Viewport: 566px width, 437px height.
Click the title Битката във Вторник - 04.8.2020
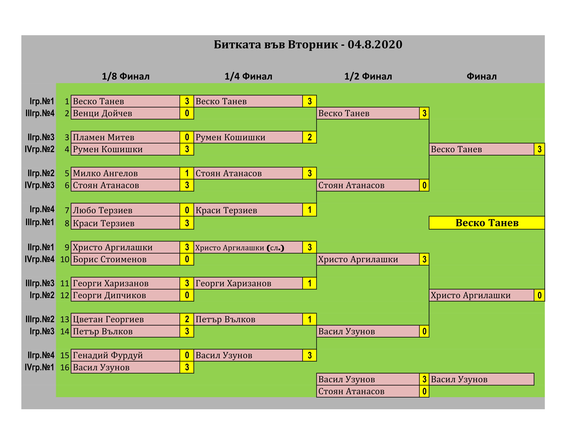pyautogui.click(x=308, y=44)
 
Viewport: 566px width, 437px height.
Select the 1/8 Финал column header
pyautogui.click(x=126, y=76)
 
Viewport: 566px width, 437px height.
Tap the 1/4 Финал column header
pyautogui.click(x=248, y=76)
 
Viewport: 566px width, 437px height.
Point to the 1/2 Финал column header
pyautogui.click(x=368, y=76)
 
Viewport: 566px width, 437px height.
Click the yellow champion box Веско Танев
pyautogui.click(x=487, y=223)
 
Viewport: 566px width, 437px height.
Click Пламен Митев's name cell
pyautogui.click(x=126, y=137)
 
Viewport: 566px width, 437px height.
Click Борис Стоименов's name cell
pyautogui.click(x=126, y=259)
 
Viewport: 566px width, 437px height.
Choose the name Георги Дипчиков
pyautogui.click(x=109, y=295)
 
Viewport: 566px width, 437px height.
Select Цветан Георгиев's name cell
pyautogui.click(x=126, y=319)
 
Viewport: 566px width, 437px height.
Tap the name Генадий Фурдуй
pyautogui.click(x=108, y=355)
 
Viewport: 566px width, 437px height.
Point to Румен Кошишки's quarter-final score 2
pyautogui.click(x=309, y=137)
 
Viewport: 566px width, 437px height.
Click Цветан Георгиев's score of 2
pyautogui.click(x=187, y=319)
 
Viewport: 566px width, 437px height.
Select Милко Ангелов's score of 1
pyautogui.click(x=187, y=173)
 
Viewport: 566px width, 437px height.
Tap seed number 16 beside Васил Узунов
pyautogui.click(x=65, y=367)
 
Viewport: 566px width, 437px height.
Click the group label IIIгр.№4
pyautogui.click(x=40, y=113)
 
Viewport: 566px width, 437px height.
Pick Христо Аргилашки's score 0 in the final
pyautogui.click(x=539, y=295)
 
